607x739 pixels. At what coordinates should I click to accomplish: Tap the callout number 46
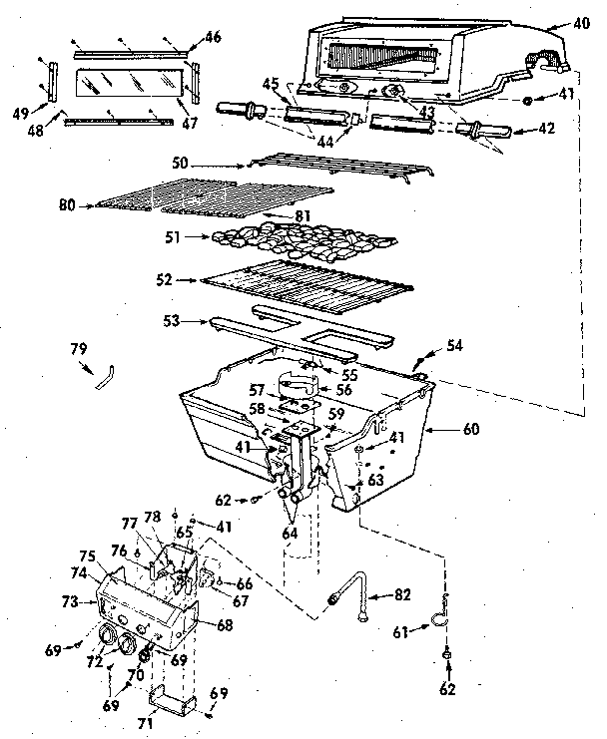point(213,37)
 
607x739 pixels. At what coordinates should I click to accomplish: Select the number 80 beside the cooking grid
point(67,206)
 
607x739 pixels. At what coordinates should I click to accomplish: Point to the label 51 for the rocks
point(174,238)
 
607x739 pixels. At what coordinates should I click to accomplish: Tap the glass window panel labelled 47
point(120,87)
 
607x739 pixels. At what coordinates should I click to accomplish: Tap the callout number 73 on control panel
point(70,602)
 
